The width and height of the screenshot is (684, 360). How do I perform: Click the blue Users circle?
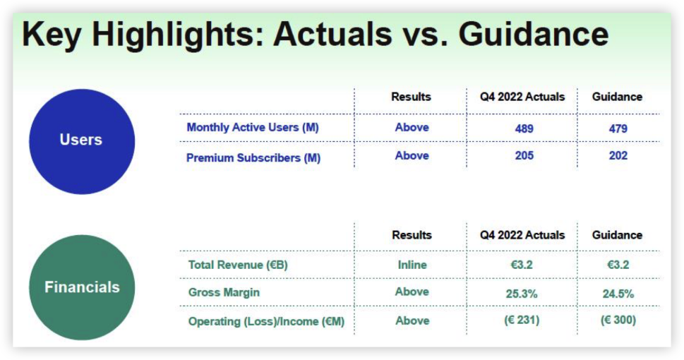82,141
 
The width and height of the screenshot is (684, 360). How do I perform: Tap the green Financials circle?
82,287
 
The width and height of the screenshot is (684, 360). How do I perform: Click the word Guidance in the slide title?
534,34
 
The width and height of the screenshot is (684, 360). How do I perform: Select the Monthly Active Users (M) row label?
253,128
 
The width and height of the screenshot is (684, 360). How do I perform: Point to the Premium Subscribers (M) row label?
253,157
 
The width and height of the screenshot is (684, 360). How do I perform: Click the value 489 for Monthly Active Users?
524,128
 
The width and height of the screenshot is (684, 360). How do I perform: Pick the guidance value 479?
618,128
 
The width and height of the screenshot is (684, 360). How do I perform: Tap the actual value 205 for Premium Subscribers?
524,156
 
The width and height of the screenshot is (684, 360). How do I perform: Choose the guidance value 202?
618,156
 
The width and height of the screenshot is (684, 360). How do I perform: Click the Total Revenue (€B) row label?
238,265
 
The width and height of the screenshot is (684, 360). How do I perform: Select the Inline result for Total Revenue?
412,265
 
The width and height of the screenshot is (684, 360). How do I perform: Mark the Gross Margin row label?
224,292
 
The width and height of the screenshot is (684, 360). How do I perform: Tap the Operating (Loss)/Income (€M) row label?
266,322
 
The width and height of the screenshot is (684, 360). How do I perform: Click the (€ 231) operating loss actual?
522,320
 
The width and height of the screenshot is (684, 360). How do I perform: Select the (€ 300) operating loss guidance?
618,320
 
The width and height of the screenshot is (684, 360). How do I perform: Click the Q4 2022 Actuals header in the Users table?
522,97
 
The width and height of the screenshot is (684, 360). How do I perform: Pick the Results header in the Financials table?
412,235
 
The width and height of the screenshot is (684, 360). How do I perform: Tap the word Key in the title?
51,35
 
